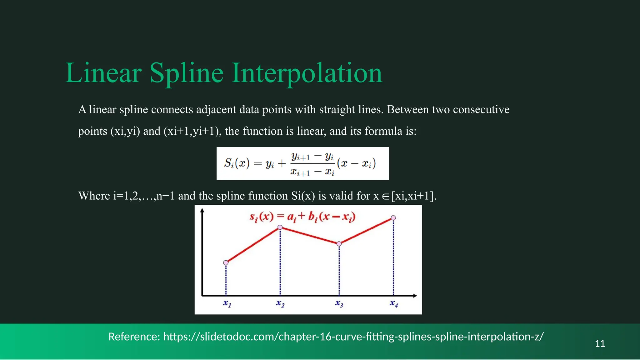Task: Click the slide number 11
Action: tap(600, 343)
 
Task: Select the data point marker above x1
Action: tap(226, 263)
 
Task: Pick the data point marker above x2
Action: tap(280, 227)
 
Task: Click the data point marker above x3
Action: tap(339, 244)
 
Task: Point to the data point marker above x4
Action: tap(393, 218)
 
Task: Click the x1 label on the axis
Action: tap(227, 303)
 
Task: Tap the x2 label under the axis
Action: tap(280, 303)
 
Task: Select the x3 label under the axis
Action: tap(339, 303)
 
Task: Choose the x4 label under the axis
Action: tap(394, 303)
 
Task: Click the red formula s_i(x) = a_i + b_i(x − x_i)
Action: tap(302, 217)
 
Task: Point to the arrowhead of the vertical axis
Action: tap(202, 211)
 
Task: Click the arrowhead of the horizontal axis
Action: tap(415, 296)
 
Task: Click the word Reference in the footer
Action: tap(134, 337)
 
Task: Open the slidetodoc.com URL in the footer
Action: tap(353, 337)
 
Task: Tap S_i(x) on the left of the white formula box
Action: tap(237, 163)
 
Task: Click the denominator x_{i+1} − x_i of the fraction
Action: tap(312, 172)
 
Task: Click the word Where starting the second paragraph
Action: tap(94, 196)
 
